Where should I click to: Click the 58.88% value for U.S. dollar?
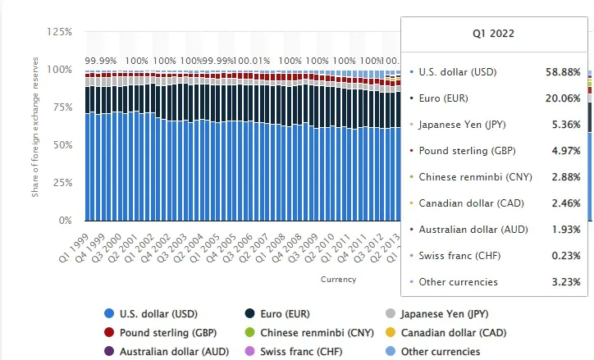click(563, 72)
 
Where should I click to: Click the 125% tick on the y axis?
click(61, 32)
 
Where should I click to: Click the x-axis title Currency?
click(338, 280)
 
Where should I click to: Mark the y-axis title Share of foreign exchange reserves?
click(35, 144)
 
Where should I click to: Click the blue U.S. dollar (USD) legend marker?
click(109, 313)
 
